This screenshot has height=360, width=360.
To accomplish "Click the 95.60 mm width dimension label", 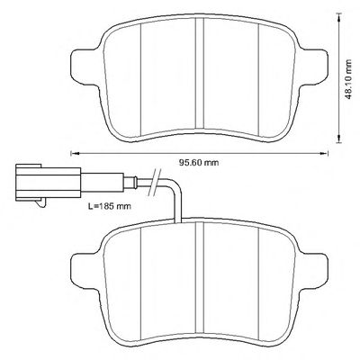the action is [x=199, y=163].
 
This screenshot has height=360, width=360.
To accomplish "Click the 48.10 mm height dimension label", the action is [x=347, y=80].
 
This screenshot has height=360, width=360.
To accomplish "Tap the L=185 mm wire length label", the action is [x=110, y=206].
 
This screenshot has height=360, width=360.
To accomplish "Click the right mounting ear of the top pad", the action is [x=312, y=67].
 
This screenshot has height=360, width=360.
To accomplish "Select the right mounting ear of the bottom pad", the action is [x=312, y=273].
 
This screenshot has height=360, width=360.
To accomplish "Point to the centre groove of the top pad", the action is [x=200, y=73].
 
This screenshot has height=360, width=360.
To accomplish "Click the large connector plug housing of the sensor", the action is [x=48, y=183].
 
